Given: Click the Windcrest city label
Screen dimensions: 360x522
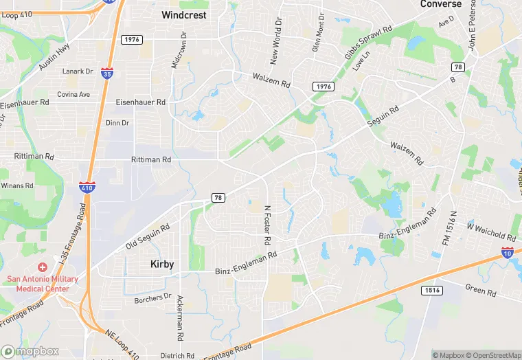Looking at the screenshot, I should (183, 14).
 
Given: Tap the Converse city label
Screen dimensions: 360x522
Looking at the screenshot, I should (441, 4).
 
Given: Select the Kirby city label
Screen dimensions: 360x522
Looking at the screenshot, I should (162, 264).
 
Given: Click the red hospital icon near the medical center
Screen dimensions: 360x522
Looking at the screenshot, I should (42, 267).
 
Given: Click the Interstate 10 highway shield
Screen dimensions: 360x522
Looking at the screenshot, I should (508, 253).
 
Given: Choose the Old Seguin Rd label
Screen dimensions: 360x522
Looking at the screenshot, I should (148, 237).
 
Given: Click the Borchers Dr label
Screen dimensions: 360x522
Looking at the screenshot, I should (152, 297).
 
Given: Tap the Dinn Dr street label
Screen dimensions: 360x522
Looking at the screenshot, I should (117, 123).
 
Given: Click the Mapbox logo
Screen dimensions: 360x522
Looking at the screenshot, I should (30, 351).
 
